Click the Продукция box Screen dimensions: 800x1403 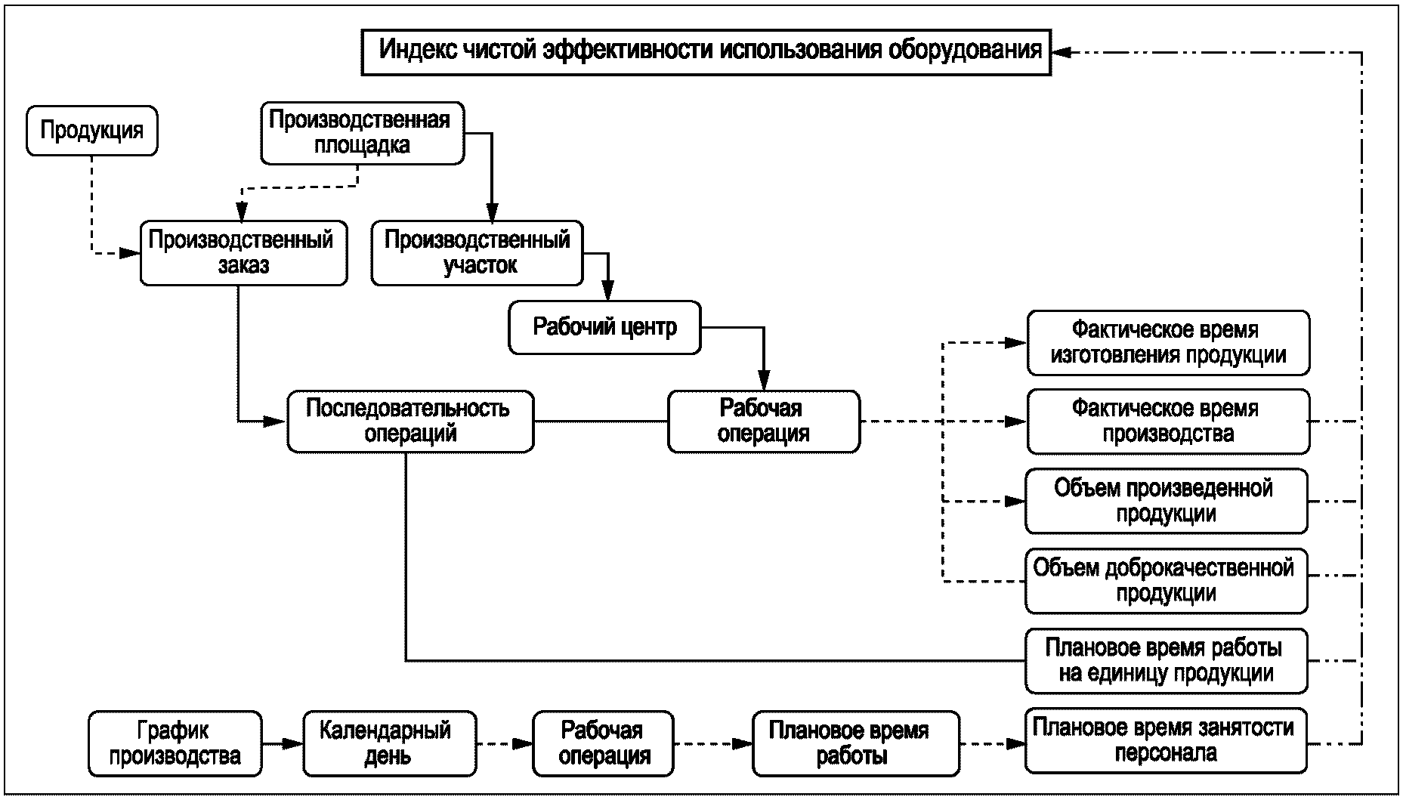[92, 131]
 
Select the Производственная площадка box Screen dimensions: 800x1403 [362, 133]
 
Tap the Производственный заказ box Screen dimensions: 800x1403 [243, 252]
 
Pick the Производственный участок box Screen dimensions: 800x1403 [477, 252]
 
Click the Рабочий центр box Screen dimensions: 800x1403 [604, 328]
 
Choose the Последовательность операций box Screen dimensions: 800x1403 [410, 421]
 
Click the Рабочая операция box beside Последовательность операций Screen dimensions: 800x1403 [763, 421]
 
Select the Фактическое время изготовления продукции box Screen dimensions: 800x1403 [1167, 342]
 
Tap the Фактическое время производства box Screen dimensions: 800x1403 [1167, 421]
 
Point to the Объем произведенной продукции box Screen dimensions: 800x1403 [1166, 501]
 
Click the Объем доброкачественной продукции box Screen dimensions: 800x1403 [1166, 580]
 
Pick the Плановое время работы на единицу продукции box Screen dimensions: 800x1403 [1166, 660]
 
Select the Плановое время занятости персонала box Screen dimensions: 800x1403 [1166, 740]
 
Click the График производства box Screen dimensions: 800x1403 [175, 743]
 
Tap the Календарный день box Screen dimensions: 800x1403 [389, 743]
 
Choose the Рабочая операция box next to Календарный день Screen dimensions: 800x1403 [603, 743]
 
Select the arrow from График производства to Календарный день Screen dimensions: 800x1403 [283, 744]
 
